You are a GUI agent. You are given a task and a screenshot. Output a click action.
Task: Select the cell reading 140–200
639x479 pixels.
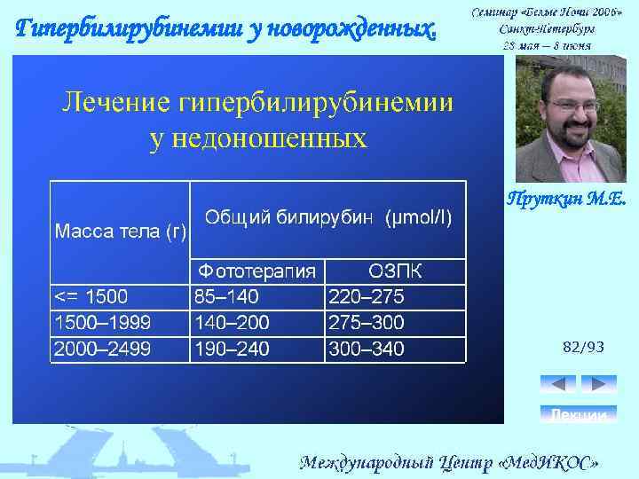231,322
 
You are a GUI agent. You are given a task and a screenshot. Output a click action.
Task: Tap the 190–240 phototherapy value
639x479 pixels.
231,349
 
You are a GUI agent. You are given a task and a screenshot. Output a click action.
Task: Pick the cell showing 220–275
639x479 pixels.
367,296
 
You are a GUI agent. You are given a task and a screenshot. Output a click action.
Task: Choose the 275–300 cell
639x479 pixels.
367,322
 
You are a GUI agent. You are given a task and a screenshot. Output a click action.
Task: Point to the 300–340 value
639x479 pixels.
367,349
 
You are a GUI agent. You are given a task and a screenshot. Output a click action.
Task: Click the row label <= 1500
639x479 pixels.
91,296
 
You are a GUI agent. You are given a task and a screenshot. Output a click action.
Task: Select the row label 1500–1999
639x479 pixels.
102,322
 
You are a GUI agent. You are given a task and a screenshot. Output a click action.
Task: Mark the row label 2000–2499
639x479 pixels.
102,349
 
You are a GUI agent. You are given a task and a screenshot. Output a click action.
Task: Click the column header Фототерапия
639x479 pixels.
256,271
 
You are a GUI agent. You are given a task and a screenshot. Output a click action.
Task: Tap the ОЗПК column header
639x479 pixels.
395,271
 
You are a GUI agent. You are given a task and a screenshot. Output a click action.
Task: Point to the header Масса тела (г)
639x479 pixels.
121,232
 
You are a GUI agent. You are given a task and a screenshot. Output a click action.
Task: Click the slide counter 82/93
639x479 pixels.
583,348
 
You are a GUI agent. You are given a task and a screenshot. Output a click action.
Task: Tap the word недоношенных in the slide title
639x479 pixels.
256,138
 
